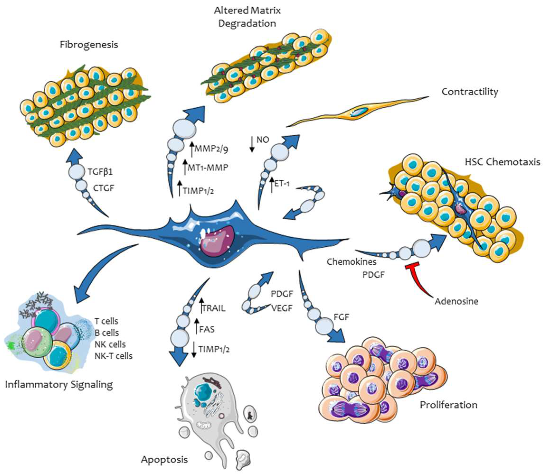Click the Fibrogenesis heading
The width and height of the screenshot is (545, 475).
coord(89,45)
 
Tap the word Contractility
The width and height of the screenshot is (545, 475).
coord(470,92)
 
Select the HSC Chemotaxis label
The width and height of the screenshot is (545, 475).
coord(503,162)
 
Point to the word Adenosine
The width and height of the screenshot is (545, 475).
coord(456,301)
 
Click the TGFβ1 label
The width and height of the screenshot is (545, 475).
coord(100,172)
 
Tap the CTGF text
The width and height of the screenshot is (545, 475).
coord(103,188)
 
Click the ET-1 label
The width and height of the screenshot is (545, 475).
coord(282,183)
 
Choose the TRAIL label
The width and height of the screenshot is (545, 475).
coord(214,308)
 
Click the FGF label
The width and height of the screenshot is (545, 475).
coord(342,317)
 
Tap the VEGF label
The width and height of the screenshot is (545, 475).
coord(282,308)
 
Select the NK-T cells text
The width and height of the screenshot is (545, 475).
coord(113,356)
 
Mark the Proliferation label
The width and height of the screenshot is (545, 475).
coord(449,405)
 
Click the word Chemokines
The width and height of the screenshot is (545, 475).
coord(351,262)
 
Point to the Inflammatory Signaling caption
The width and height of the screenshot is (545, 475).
coord(59,384)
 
